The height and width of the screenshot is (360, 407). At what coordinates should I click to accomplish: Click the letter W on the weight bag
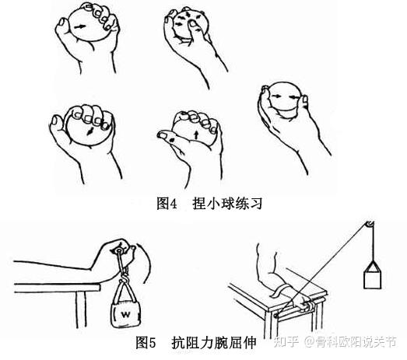(125, 314)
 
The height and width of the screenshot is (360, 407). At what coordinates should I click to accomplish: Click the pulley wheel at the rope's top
(370, 225)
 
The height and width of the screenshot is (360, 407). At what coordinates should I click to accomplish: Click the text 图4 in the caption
(167, 203)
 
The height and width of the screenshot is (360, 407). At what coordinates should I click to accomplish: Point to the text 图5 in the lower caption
(146, 342)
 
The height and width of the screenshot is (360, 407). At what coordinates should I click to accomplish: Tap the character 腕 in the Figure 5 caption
(222, 342)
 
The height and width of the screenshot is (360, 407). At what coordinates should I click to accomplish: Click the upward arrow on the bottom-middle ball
(196, 135)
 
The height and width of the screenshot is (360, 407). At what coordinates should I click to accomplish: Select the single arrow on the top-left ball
(79, 26)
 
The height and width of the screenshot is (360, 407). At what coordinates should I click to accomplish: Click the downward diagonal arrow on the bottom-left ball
(89, 131)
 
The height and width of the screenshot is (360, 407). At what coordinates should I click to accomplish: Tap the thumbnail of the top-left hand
(62, 22)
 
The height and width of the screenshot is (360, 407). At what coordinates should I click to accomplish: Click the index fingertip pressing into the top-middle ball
(192, 25)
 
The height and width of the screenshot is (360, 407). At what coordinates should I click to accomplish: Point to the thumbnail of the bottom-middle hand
(163, 135)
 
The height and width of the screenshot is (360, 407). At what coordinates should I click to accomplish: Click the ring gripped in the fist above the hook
(119, 251)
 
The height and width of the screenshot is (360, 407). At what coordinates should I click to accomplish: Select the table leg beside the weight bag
(81, 309)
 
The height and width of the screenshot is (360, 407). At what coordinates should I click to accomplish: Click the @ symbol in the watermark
(310, 342)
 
